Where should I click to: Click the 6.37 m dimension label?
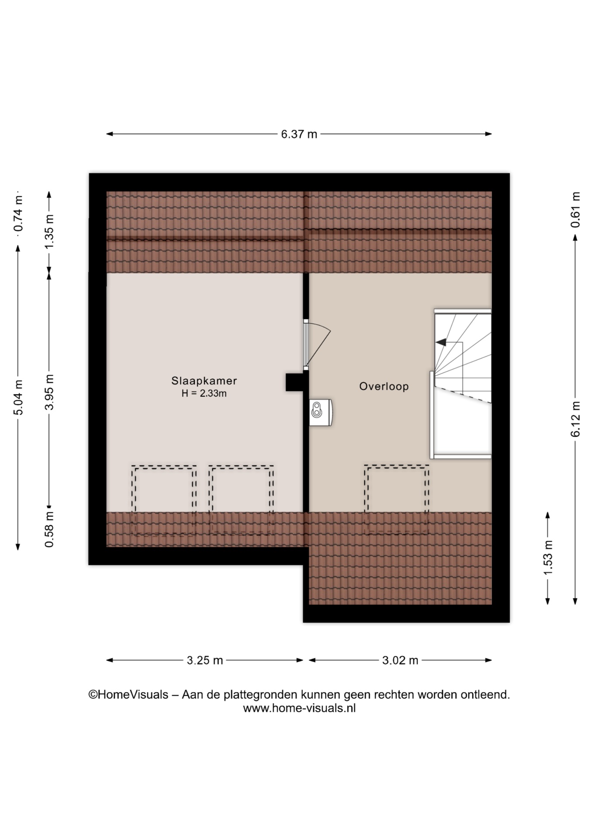click(x=299, y=134)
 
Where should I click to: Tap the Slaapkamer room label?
click(x=204, y=381)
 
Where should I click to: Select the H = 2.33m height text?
click(x=204, y=393)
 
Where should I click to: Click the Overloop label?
click(x=384, y=386)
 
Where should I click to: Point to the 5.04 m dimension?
click(x=18, y=398)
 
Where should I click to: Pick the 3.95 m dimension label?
click(x=49, y=392)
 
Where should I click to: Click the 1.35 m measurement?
click(x=49, y=232)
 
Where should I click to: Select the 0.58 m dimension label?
click(x=49, y=530)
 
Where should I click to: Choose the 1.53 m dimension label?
click(x=548, y=558)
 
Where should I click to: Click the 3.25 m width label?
click(x=205, y=660)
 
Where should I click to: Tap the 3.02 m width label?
click(x=400, y=660)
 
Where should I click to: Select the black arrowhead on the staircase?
click(x=441, y=342)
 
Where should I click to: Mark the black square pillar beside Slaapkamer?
click(x=295, y=382)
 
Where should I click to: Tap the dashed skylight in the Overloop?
click(x=396, y=499)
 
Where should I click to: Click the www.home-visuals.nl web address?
click(x=300, y=708)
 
